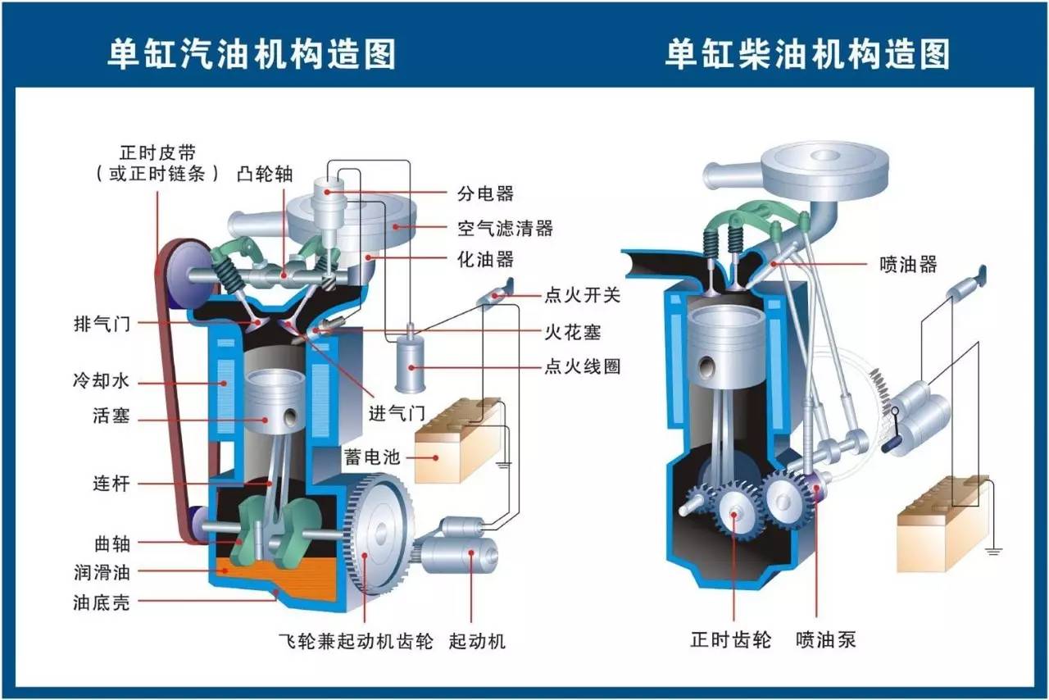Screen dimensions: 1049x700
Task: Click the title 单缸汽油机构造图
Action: point(252,54)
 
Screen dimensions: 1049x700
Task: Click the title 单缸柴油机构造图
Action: point(807,54)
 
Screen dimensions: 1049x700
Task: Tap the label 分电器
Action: point(486,193)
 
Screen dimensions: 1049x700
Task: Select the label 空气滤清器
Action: point(505,228)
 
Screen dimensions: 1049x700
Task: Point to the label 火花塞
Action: point(572,332)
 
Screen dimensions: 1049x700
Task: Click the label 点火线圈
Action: point(582,366)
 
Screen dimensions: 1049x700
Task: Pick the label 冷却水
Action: point(101,380)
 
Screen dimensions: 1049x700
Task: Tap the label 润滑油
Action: point(102,571)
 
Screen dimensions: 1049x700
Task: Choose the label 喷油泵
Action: point(825,639)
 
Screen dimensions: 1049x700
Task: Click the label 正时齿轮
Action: point(730,639)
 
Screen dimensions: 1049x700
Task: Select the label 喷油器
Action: point(908,264)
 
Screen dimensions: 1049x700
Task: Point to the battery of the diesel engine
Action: point(942,523)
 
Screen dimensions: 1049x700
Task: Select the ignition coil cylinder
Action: point(411,364)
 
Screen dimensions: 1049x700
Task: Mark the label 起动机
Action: point(477,641)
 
